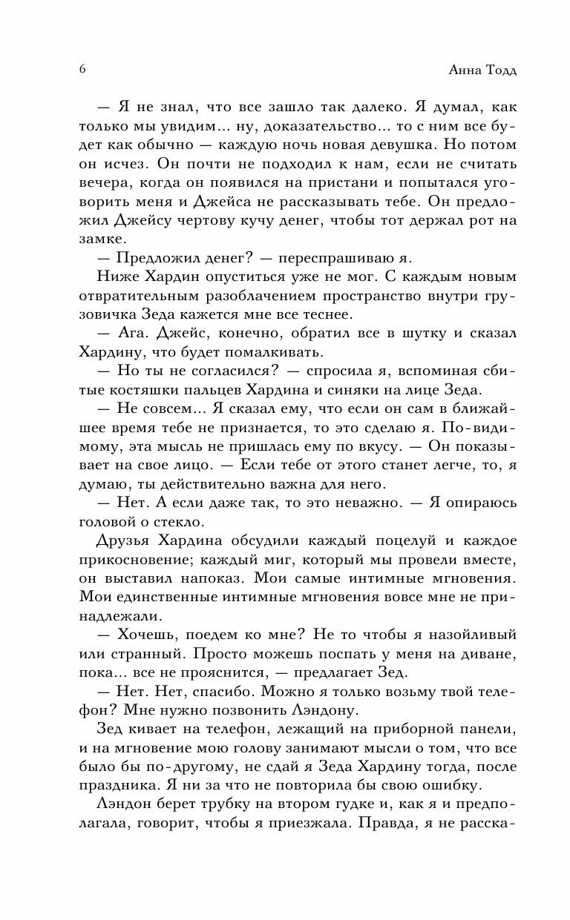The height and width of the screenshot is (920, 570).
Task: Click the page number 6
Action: (81, 69)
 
